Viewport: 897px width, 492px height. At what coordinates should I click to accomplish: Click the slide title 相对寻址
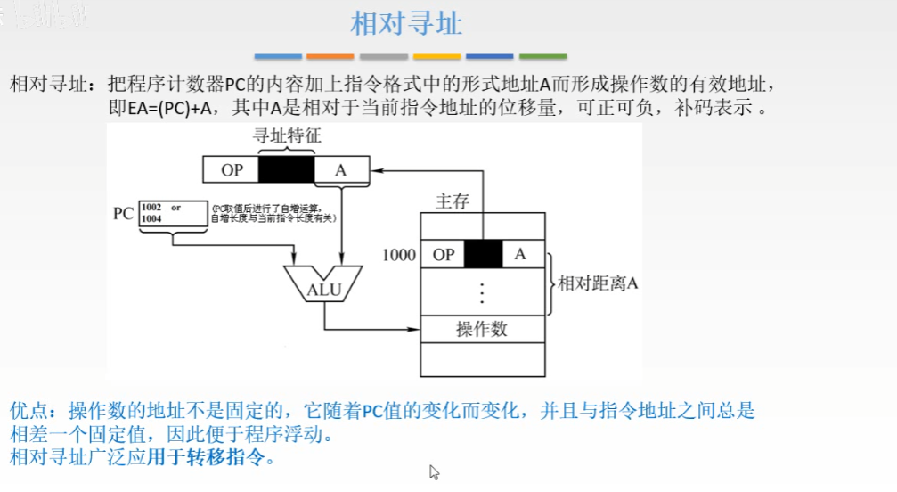pos(406,24)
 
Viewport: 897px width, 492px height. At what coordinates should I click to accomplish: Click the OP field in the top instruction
pos(231,168)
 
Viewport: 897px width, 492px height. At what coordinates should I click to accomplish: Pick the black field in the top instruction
pos(286,168)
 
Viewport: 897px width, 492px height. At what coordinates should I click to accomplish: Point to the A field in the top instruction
pos(340,168)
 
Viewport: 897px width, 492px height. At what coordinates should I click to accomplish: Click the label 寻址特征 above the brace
pos(286,135)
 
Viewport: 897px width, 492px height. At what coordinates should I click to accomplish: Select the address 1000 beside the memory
pos(398,255)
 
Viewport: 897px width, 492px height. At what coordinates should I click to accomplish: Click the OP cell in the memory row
pos(443,255)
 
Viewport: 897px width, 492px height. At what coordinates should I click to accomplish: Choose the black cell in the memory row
pos(483,255)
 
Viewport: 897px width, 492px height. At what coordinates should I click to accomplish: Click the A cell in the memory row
pos(521,255)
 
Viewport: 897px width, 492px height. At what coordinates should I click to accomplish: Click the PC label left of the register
pos(123,215)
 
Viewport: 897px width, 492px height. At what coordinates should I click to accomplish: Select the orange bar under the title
pos(330,56)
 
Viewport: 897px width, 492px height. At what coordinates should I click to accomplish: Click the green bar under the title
pos(542,56)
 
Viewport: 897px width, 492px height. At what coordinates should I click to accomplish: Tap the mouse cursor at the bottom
pos(434,471)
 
